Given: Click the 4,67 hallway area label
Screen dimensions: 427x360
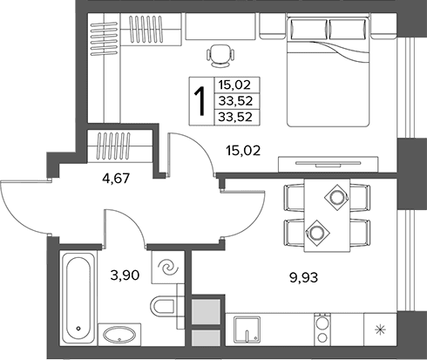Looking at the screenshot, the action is pyautogui.click(x=116, y=178).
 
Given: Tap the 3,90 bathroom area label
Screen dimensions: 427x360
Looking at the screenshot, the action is pyautogui.click(x=125, y=275).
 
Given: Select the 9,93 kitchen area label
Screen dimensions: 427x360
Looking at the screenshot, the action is pyautogui.click(x=303, y=277).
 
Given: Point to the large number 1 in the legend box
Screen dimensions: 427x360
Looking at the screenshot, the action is pyautogui.click(x=200, y=101).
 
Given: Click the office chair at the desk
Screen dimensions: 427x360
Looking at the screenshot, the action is pyautogui.click(x=220, y=56).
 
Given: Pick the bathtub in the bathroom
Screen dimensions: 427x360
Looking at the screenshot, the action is pyautogui.click(x=78, y=297).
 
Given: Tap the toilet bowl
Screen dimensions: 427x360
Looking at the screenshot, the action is pyautogui.click(x=163, y=306).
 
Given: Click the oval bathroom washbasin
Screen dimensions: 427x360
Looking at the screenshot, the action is pyautogui.click(x=119, y=336).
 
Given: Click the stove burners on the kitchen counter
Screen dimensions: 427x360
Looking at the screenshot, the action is pyautogui.click(x=322, y=329).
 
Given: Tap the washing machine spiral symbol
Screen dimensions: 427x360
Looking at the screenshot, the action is pyautogui.click(x=168, y=268).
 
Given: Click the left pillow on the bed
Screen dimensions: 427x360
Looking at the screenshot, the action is pyautogui.click(x=308, y=29).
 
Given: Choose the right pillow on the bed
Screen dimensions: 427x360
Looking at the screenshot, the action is pyautogui.click(x=348, y=29).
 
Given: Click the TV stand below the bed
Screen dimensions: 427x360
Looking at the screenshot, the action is pyautogui.click(x=329, y=165).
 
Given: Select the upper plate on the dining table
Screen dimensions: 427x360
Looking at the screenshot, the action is pyautogui.click(x=337, y=198).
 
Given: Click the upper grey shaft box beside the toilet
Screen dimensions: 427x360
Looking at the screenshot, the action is pyautogui.click(x=206, y=312).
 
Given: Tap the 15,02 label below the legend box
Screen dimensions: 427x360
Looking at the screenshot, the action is pyautogui.click(x=243, y=151).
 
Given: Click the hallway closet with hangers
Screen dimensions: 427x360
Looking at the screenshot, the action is pyautogui.click(x=120, y=146).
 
